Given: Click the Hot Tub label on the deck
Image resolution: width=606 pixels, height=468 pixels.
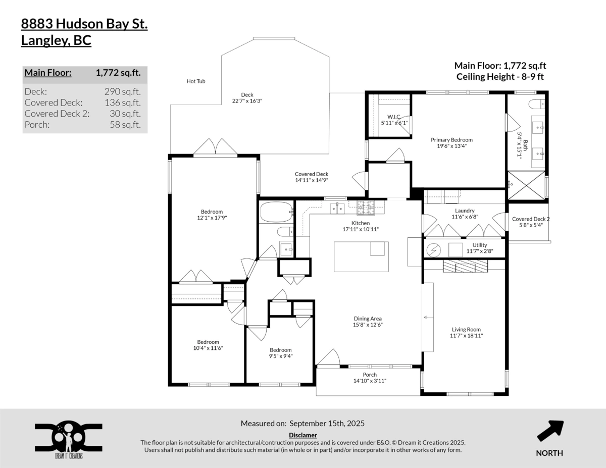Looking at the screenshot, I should coord(196,81).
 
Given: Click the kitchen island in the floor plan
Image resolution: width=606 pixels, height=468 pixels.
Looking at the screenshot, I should coord(361,256).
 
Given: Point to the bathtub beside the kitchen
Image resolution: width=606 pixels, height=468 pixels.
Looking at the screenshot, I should coord(276,212).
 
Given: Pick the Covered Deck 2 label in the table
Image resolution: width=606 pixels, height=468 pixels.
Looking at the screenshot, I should coord(57,114).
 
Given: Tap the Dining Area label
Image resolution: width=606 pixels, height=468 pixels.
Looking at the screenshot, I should coord(367,319).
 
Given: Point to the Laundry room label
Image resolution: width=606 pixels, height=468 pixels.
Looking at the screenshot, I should coord(464,211).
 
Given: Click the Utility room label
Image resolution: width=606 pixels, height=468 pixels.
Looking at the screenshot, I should coord(480,245).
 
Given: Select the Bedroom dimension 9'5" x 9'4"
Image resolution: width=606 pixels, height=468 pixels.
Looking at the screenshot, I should coord(280,356).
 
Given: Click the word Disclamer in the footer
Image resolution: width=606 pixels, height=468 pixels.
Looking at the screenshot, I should coord(303,435).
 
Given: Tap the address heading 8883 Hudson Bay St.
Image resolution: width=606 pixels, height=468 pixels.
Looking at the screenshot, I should coord(84,24).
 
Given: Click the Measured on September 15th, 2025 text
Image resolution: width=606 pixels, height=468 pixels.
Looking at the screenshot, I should coord(302,423).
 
